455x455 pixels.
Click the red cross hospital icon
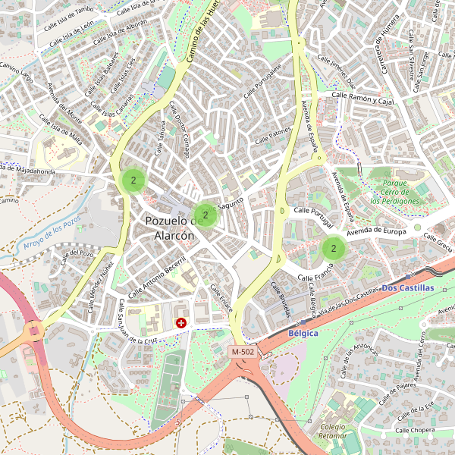tap(181, 323)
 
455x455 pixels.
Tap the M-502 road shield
tap(243, 352)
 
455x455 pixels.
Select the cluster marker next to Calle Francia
tap(333, 247)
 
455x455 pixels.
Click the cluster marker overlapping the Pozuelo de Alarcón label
tap(205, 215)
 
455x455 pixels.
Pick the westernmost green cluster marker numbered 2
tap(133, 180)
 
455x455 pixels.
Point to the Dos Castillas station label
tap(408, 288)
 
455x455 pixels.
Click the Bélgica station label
tap(303, 333)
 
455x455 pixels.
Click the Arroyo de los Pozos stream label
tap(52, 234)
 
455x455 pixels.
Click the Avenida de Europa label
tap(378, 231)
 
